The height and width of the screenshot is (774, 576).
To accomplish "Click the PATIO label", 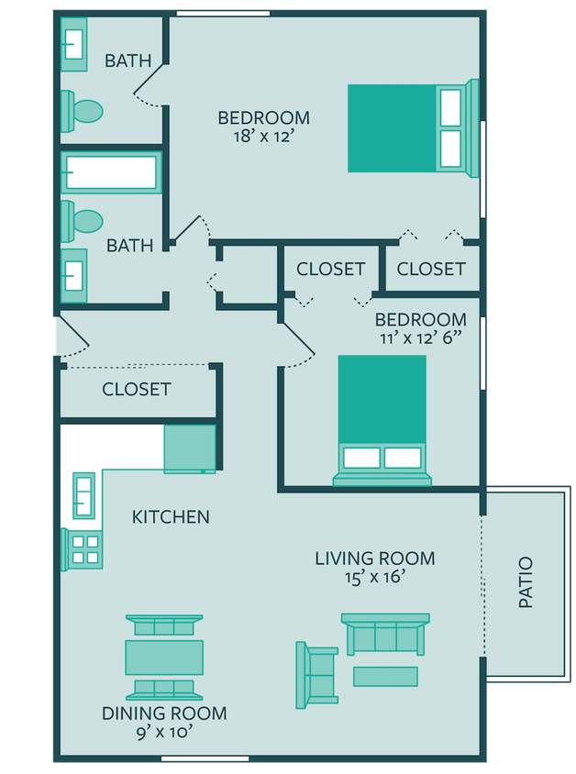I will point(526,583).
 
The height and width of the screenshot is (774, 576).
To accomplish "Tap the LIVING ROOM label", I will point(374,558).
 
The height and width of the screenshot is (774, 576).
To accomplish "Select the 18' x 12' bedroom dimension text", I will point(263,137).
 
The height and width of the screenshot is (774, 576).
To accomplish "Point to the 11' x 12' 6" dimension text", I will point(421,337).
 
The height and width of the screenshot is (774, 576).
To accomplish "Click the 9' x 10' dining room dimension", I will point(164,732).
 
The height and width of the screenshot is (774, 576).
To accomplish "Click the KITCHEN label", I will point(171,517).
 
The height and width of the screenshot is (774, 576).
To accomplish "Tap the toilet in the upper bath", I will point(83,112).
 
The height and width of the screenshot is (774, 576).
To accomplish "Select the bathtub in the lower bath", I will point(111,172).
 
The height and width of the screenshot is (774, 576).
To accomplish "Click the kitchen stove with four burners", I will point(84,548).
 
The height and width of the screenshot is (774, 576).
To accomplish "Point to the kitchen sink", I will point(83,494).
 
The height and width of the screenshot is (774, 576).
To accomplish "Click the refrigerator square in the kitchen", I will point(190,448).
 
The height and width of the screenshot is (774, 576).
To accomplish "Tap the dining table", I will point(164,657).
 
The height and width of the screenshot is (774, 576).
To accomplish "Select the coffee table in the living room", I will point(385,676).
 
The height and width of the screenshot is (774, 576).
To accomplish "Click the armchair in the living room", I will point(315,675).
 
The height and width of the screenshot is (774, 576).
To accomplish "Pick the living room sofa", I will point(385,634).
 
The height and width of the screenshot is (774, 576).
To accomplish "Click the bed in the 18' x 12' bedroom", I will point(411,128).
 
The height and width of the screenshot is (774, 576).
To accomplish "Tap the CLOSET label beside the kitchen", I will point(136,389).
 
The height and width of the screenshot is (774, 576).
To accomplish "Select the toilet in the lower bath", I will point(83,220).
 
